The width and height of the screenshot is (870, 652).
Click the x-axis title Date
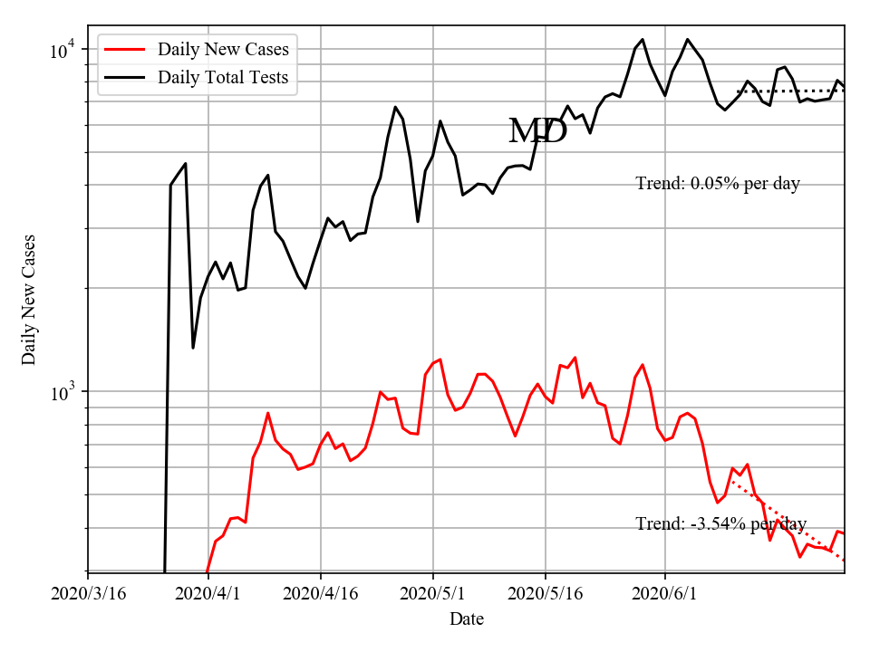[466, 619]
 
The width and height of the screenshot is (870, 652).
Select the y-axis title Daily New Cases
[29, 299]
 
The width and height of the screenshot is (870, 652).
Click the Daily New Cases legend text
[223, 50]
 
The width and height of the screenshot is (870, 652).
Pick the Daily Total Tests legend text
[223, 78]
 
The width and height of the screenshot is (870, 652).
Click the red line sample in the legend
[124, 50]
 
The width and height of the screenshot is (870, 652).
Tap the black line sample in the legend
[124, 78]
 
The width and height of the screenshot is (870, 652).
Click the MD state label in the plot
[537, 131]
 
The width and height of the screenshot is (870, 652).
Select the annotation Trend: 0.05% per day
[718, 184]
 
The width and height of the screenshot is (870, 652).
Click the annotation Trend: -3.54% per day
[720, 524]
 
